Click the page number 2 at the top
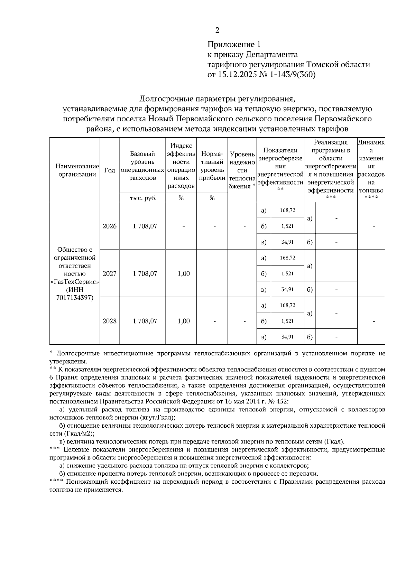click(217, 30)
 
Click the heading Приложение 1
click(233, 45)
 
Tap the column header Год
click(110, 170)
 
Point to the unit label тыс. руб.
click(143, 198)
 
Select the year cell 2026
click(110, 226)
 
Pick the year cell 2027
click(110, 273)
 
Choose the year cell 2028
click(110, 321)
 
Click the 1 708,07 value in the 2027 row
click(145, 273)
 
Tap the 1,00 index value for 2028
click(184, 321)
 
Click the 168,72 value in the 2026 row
click(288, 210)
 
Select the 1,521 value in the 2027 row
click(287, 273)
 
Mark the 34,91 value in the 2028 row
click(287, 336)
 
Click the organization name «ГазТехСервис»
click(75, 282)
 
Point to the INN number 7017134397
click(75, 298)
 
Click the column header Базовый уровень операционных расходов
click(142, 166)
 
